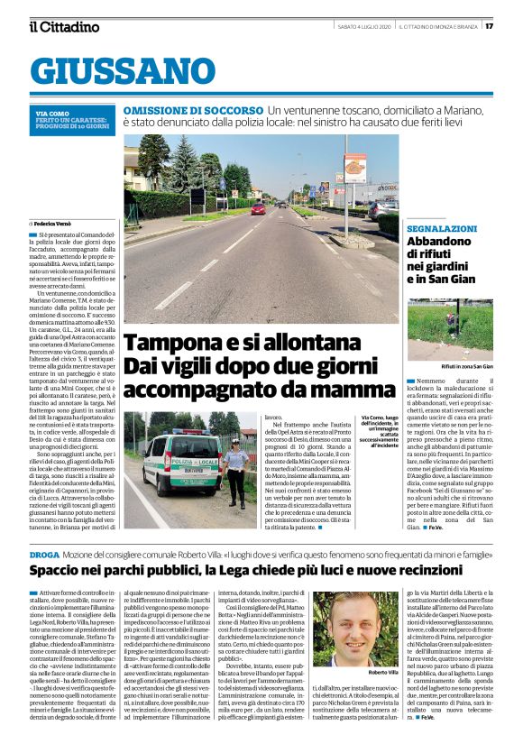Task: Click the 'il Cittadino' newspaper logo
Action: tap(63, 26)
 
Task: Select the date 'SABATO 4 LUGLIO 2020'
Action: tap(362, 26)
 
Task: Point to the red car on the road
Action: tap(259, 208)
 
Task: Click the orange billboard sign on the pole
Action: tap(354, 169)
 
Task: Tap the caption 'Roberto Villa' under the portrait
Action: tap(383, 674)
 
